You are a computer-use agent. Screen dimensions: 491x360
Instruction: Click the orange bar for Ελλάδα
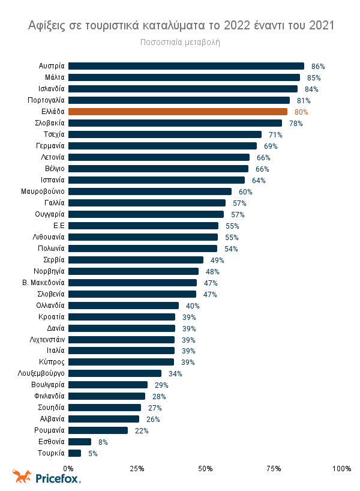point(178,112)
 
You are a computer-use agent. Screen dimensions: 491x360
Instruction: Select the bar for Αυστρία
point(186,66)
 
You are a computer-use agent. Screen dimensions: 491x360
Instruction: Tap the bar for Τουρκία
point(75,453)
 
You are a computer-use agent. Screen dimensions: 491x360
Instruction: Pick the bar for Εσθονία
point(79,442)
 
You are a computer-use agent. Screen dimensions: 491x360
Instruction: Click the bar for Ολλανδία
point(124,306)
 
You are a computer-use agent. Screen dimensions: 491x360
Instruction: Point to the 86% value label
point(318,67)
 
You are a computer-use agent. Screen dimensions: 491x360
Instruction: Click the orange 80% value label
point(301,112)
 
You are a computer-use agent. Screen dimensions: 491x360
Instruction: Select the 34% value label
point(175,374)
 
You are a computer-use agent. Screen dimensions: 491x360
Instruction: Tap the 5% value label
point(92,454)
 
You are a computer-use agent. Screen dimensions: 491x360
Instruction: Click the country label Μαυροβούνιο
point(43,191)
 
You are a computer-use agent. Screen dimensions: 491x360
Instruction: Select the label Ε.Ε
point(59,226)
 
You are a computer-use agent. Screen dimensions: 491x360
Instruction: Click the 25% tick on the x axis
point(137,468)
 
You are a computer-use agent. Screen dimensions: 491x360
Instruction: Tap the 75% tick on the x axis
point(274,468)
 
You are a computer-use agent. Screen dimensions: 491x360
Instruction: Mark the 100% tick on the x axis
point(341,468)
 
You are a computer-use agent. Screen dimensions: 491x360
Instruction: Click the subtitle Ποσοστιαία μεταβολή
point(181,43)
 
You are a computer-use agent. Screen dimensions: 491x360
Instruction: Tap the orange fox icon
point(22,477)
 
